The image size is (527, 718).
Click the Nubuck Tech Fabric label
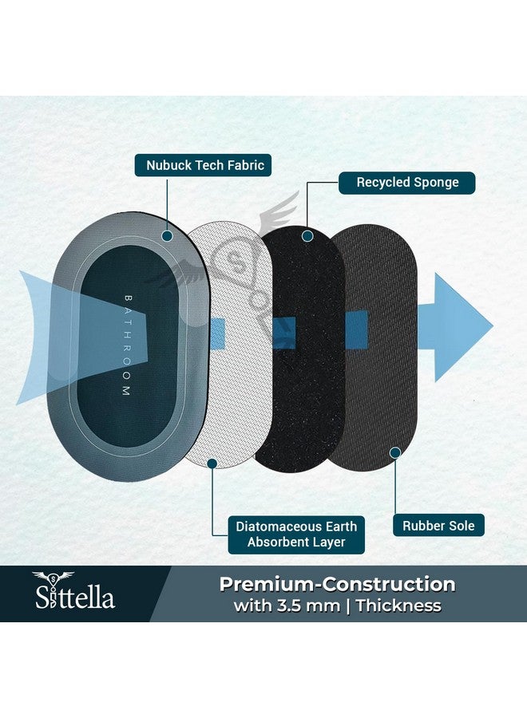pyautogui.click(x=203, y=165)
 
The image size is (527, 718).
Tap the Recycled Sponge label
pyautogui.click(x=407, y=182)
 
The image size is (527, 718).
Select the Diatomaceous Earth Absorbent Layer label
pyautogui.click(x=296, y=535)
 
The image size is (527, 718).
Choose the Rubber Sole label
pyautogui.click(x=438, y=526)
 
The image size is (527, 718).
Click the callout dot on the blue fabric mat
pyautogui.click(x=167, y=236)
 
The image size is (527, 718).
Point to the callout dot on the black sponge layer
pyautogui.click(x=308, y=236)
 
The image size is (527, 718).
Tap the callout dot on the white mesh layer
pyautogui.click(x=212, y=464)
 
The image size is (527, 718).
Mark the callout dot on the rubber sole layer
pyautogui.click(x=395, y=453)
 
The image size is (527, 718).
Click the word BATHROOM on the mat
pyautogui.click(x=128, y=345)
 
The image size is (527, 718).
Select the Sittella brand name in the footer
pyautogui.click(x=75, y=599)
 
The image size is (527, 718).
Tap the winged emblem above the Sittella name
pyautogui.click(x=53, y=578)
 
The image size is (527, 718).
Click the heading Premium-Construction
pyautogui.click(x=337, y=584)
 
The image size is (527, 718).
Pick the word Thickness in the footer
pyautogui.click(x=398, y=606)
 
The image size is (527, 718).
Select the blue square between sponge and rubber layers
pyautogui.click(x=357, y=329)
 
